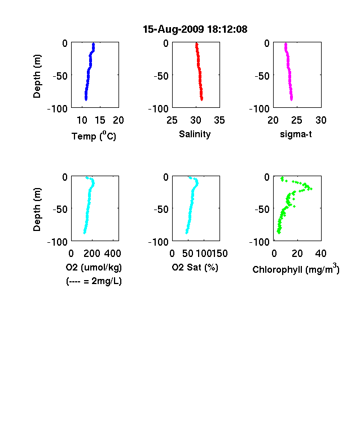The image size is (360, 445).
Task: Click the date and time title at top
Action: [x=195, y=29]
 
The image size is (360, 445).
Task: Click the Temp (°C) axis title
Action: [x=94, y=136]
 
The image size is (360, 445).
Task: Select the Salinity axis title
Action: [x=195, y=134]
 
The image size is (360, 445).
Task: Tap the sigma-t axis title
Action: [x=296, y=134]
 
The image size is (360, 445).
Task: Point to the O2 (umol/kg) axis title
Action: [x=94, y=267]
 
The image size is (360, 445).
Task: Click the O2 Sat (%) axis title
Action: [x=195, y=267]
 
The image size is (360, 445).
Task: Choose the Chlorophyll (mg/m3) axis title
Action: [x=296, y=269]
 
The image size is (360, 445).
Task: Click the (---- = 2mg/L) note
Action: [x=94, y=281]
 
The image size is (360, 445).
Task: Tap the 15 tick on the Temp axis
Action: [x=100, y=120]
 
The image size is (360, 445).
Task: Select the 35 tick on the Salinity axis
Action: [x=219, y=120]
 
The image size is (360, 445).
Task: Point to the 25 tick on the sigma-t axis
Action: [x=296, y=120]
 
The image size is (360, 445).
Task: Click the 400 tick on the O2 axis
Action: [x=113, y=254]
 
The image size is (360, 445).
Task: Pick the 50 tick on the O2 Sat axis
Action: [x=188, y=254]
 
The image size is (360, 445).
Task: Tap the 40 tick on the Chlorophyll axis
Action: [x=321, y=254]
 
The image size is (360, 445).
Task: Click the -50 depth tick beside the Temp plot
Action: [x=60, y=76]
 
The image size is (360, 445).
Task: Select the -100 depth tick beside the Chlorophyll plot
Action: [x=260, y=242]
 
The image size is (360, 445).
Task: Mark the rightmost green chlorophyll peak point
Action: [x=311, y=189]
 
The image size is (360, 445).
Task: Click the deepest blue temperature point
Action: [x=86, y=99]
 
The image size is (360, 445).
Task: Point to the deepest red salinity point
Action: [x=202, y=99]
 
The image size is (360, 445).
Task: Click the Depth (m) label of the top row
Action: [x=37, y=76]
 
